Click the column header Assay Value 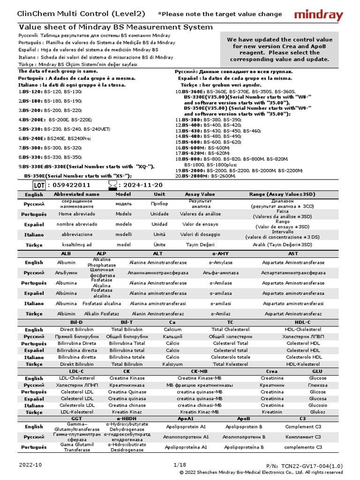pyautogui.click(x=200, y=194)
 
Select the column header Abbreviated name pyautogui.click(x=76, y=194)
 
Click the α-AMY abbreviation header pyautogui.click(x=220, y=253)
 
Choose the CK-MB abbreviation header pyautogui.click(x=199, y=371)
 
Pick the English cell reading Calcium pyautogui.click(x=172, y=330)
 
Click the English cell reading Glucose pyautogui.click(x=318, y=378)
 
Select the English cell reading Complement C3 pyautogui.click(x=303, y=427)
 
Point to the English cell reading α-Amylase pyautogui.click(x=221, y=262)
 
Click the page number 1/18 pyautogui.click(x=180, y=465)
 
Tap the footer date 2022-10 pyautogui.click(x=30, y=465)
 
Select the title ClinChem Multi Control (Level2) pyautogui.click(x=81, y=14)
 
